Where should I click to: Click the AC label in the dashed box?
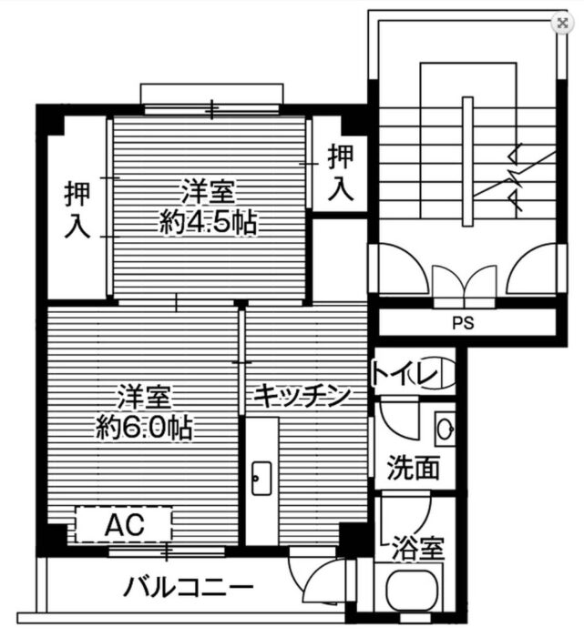[125, 524]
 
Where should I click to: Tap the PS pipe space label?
[463, 323]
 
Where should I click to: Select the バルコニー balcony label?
[189, 588]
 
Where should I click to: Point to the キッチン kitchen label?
[302, 396]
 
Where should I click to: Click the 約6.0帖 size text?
[144, 428]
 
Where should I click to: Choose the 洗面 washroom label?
[414, 468]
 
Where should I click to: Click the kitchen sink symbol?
[261, 478]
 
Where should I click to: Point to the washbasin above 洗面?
[445, 429]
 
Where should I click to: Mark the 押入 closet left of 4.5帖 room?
[77, 210]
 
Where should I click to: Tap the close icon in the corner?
[562, 23]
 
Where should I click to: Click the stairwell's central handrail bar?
[467, 161]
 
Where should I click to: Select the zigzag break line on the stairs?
[516, 179]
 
